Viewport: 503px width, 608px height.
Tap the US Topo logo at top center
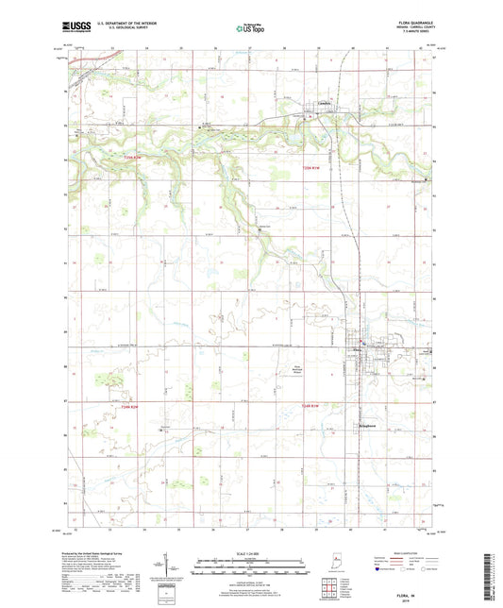tap(250, 29)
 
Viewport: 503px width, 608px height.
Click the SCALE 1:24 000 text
tap(251, 552)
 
